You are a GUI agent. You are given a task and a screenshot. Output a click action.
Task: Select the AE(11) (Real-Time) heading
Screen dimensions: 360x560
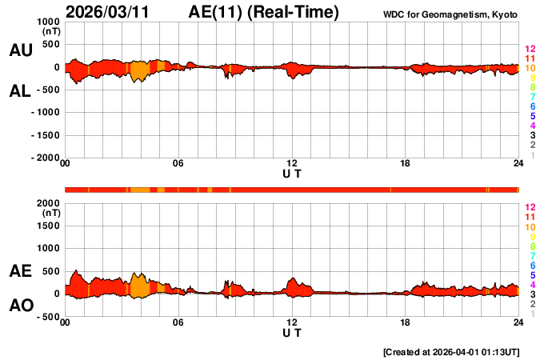coord(264,12)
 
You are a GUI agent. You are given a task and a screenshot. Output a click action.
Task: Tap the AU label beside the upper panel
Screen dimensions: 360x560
coord(20,50)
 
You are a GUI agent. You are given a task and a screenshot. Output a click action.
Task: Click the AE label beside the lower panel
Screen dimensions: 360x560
coord(20,272)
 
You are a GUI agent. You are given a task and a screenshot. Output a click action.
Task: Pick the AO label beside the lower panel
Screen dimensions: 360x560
coord(20,306)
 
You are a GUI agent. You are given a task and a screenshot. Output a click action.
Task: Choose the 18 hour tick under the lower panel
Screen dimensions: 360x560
coord(406,322)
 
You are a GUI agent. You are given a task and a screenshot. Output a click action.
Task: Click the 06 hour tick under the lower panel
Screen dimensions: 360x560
coord(178,322)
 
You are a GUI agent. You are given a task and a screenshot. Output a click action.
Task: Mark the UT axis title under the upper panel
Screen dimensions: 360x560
coord(292,174)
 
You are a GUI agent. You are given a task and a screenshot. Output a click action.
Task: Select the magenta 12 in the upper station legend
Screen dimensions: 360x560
coord(530,49)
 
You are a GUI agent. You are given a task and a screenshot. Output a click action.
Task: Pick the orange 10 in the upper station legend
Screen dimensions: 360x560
coord(530,68)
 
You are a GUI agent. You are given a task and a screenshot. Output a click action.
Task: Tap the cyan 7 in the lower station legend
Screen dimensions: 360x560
coord(532,255)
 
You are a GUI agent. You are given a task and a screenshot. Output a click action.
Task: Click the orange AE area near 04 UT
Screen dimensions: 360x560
coord(139,286)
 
